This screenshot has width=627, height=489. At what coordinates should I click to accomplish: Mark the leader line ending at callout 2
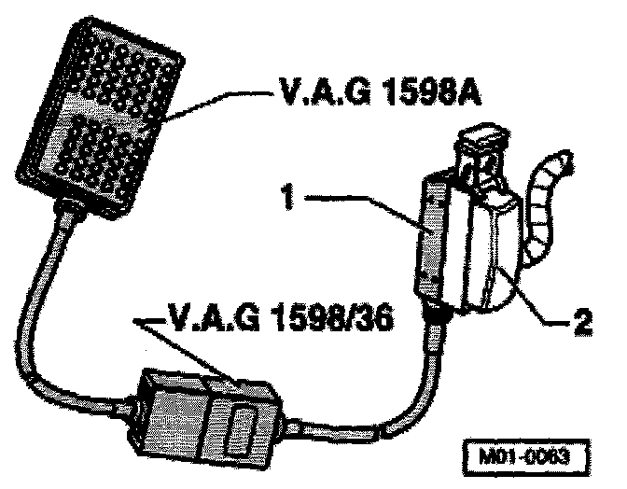pyautogui.click(x=532, y=303)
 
